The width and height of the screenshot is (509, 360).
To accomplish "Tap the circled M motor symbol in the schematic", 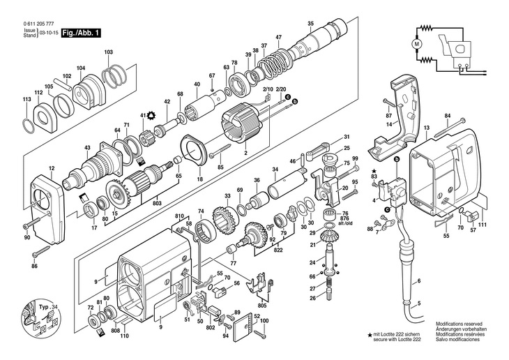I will click(418, 43).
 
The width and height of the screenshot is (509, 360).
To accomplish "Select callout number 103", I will click(108, 52).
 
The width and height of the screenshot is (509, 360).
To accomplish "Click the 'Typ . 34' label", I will click(45, 306).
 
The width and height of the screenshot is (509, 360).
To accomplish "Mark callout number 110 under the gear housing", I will click(124, 336).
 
